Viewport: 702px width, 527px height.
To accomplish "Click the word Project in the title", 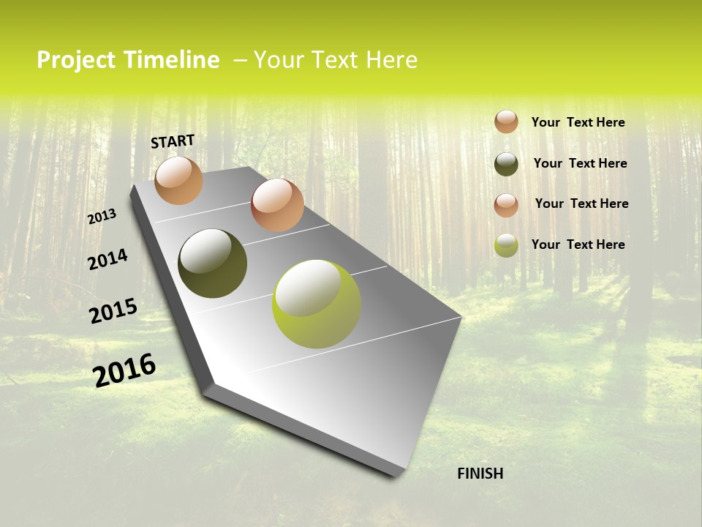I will [76, 60].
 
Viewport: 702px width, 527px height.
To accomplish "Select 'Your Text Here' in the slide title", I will [336, 60].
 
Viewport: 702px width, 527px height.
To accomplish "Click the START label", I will [173, 141].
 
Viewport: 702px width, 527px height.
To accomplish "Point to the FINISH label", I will [480, 474].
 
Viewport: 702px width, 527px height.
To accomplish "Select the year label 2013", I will [102, 217].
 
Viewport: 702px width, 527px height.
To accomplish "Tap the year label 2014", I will [107, 259].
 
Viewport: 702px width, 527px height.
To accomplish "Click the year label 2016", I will [124, 370].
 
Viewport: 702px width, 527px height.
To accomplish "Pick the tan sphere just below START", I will [178, 180].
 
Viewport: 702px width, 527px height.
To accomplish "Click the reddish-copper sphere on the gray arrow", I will [277, 205].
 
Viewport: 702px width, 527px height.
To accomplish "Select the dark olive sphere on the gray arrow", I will [212, 263].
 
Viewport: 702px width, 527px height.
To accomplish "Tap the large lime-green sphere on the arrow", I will [316, 304].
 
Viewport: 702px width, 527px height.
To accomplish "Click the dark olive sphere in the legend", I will [506, 164].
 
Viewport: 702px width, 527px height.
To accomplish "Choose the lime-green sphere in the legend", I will [506, 245].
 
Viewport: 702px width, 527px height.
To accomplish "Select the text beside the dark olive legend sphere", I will [580, 163].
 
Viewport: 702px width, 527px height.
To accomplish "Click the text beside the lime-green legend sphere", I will [578, 244].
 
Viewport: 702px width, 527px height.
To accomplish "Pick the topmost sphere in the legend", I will [506, 122].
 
